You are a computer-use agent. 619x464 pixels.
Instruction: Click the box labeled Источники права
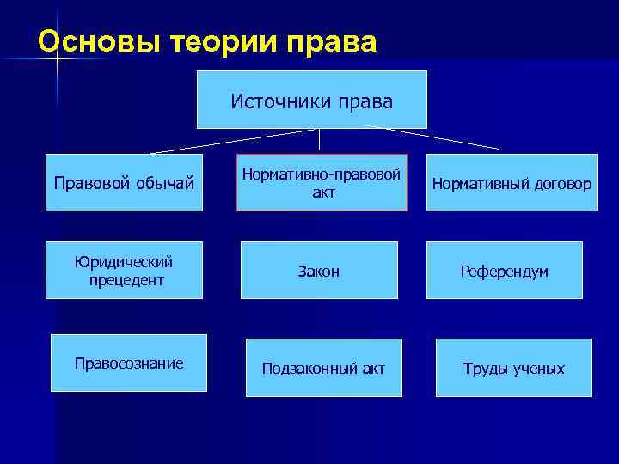coord(311,100)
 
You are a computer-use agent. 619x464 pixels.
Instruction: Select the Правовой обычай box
coord(124,182)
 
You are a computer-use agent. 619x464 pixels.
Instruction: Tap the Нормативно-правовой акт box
coord(322,182)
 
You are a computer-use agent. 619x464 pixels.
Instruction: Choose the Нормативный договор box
coord(512,182)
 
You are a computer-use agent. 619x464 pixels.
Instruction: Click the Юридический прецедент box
coord(124,270)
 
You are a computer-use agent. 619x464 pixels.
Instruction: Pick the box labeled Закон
coord(319,271)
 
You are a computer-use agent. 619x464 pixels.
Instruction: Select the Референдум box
coord(504,271)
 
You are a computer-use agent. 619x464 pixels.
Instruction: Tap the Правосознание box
coord(129,363)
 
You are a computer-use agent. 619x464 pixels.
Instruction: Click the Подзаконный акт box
coord(323,368)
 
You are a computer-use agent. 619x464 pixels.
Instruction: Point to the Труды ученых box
coord(513,368)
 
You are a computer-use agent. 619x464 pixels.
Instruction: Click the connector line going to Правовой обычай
coord(232,141)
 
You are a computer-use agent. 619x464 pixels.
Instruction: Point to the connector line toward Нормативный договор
coord(430,137)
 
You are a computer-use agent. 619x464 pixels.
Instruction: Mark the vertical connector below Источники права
coord(319,140)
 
